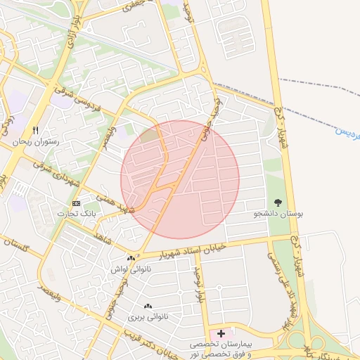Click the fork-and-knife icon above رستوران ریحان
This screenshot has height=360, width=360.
tap(35, 130)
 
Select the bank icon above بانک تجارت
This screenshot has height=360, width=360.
tap(77, 203)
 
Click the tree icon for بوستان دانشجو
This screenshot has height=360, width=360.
tap(279, 202)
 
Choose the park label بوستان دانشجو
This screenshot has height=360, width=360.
tap(280, 213)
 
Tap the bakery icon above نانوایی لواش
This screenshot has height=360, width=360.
tap(131, 259)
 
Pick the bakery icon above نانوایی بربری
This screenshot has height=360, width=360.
tap(148, 307)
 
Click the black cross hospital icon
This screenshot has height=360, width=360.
tap(221, 333)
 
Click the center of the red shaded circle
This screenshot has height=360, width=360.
tap(180, 179)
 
